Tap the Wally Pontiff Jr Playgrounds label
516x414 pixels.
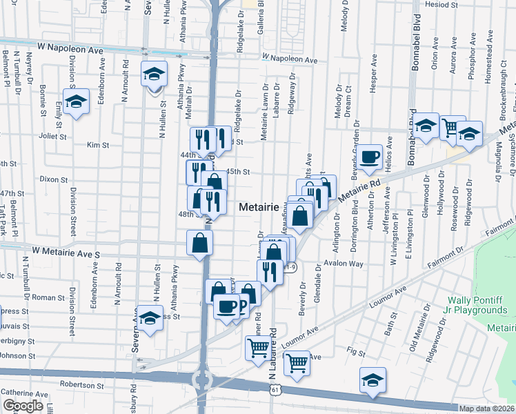(477, 305)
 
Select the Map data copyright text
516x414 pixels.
(486, 408)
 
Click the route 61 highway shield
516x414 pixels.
(276, 391)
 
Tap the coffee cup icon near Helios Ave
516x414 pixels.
(370, 157)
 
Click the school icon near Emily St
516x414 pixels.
(77, 102)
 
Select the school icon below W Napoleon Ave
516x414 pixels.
(153, 73)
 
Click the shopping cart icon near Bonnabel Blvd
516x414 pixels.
(452, 127)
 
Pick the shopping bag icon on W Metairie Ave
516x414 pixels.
(199, 243)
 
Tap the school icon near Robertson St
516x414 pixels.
(373, 380)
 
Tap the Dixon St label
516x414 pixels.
(54, 179)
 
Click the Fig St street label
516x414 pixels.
(356, 353)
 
